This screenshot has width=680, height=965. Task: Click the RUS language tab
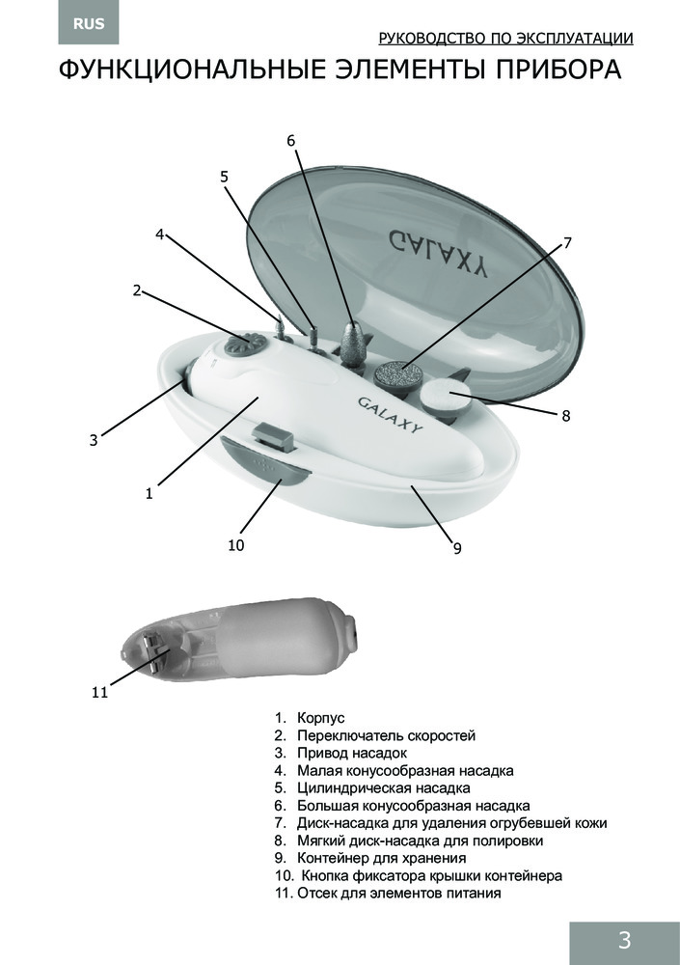pyautogui.click(x=89, y=24)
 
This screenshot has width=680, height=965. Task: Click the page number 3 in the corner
pyautogui.click(x=624, y=940)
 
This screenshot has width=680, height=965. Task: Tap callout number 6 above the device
pyautogui.click(x=291, y=141)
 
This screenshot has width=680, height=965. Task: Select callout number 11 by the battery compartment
pyautogui.click(x=99, y=692)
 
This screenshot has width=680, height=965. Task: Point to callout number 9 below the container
pyautogui.click(x=457, y=548)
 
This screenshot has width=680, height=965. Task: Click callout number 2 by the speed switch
pyautogui.click(x=137, y=290)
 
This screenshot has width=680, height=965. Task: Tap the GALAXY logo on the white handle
pyautogui.click(x=391, y=414)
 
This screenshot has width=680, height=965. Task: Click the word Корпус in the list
pyautogui.click(x=320, y=718)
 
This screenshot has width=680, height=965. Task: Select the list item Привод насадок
pyautogui.click(x=351, y=753)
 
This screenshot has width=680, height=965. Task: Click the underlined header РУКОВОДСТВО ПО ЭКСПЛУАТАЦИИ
pyautogui.click(x=505, y=39)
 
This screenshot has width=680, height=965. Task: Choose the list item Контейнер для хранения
pyautogui.click(x=382, y=858)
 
